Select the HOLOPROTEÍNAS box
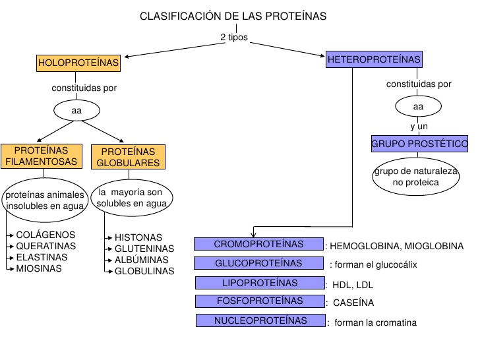(79, 63)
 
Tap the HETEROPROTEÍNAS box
(373, 59)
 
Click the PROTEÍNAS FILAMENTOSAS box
(41, 156)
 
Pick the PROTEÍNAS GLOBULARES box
(128, 157)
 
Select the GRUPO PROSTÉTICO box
(419, 143)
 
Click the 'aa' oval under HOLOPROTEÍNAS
(76, 110)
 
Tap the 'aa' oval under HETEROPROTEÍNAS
(418, 106)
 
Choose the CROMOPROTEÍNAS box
(258, 244)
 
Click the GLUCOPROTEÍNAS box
(258, 263)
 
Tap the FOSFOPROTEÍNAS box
(258, 301)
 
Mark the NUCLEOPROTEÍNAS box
(260, 321)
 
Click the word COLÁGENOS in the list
(45, 235)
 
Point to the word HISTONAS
(138, 237)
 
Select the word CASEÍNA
(354, 303)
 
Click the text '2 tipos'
(234, 37)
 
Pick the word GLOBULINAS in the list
(144, 271)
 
